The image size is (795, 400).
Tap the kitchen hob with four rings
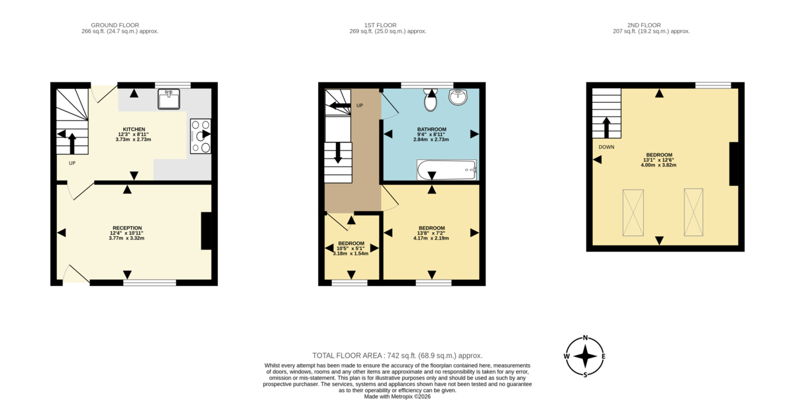[x=201, y=136]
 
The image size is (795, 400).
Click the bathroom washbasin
[x=458, y=98]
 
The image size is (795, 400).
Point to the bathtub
[x=447, y=170]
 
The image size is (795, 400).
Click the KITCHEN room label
[x=134, y=129]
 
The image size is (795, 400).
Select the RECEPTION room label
[x=127, y=228]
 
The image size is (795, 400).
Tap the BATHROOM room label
[x=431, y=129]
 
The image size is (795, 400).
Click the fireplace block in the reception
[x=206, y=231]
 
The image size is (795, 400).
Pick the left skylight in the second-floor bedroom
[x=633, y=212]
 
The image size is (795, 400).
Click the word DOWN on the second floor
[x=606, y=147]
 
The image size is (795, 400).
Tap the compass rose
[x=586, y=356]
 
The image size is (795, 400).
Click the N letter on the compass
[x=586, y=338]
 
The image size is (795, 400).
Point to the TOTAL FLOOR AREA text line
[x=397, y=356]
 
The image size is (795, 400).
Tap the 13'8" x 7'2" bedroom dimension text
[x=431, y=233]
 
